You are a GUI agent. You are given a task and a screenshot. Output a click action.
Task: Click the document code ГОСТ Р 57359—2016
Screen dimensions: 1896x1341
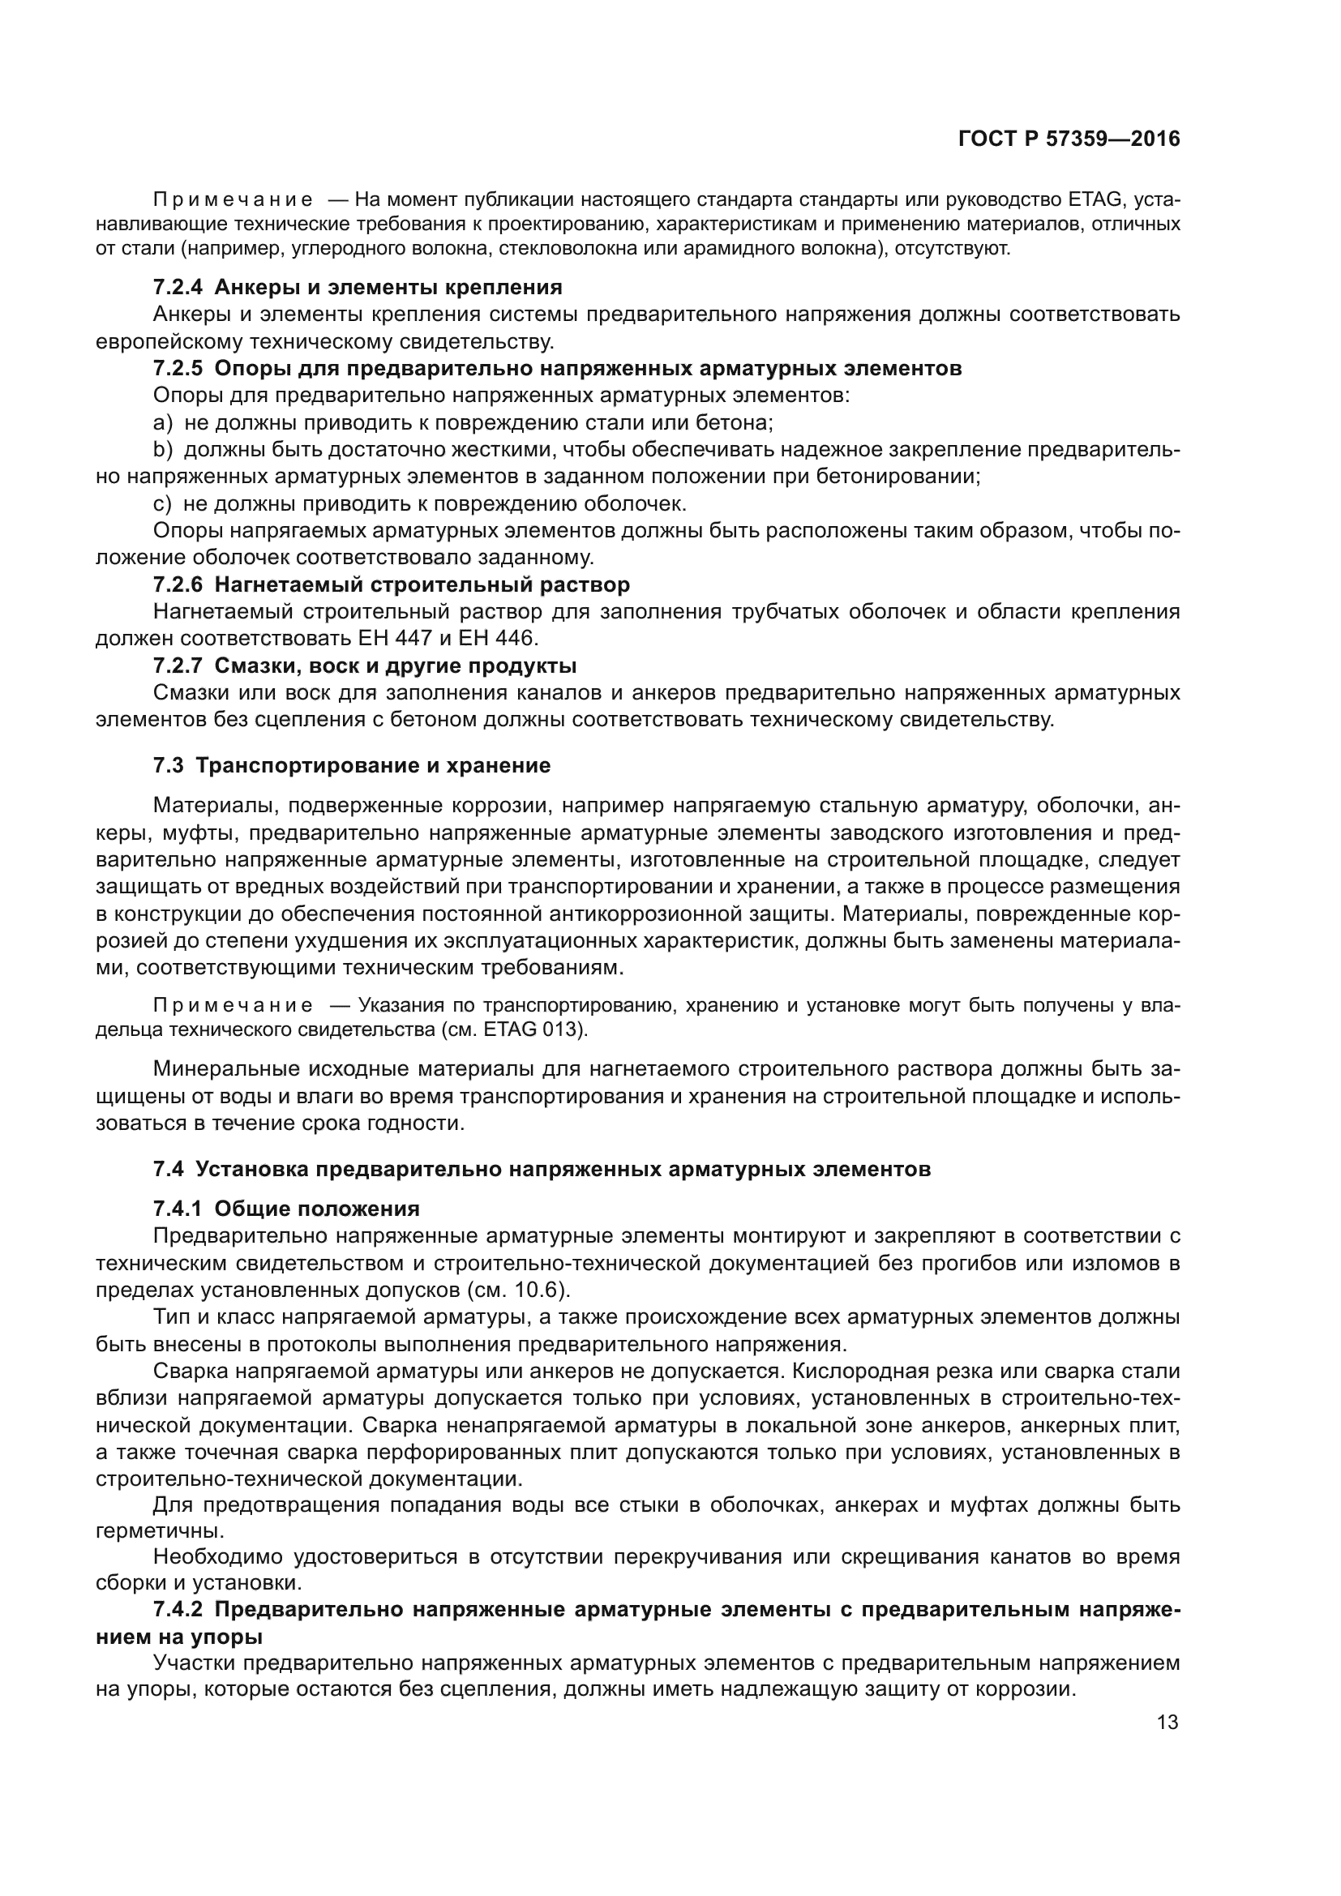click(x=1069, y=139)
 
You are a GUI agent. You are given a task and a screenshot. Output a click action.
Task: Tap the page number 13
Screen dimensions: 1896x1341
click(x=1167, y=1723)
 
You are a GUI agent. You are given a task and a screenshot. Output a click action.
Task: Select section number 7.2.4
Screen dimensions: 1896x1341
click(x=178, y=288)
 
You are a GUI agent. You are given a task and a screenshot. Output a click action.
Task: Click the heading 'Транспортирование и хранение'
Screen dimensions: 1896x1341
click(x=373, y=765)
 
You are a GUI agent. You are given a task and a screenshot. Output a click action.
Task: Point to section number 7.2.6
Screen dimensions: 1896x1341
click(x=178, y=584)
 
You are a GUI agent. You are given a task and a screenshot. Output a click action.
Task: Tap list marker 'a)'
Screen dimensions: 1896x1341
click(x=163, y=423)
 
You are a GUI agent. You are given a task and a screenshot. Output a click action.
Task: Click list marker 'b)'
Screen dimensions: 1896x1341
click(x=163, y=450)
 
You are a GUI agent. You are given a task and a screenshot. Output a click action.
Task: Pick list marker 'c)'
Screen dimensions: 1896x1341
click(x=163, y=503)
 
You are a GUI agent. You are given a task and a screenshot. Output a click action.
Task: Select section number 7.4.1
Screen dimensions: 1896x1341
click(x=178, y=1209)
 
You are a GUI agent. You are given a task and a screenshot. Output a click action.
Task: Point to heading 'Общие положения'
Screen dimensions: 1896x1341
click(x=317, y=1209)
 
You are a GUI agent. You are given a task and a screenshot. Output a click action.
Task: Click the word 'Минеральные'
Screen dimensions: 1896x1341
click(x=224, y=1069)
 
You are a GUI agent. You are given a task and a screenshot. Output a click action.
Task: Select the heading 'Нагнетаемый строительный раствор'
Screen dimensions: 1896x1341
click(x=422, y=584)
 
